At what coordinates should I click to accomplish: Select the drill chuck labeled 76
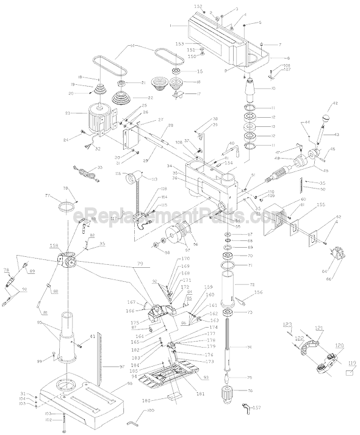coord(231,390)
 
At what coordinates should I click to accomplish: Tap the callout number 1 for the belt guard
coord(173,26)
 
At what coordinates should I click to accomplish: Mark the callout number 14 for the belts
coord(132,46)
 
